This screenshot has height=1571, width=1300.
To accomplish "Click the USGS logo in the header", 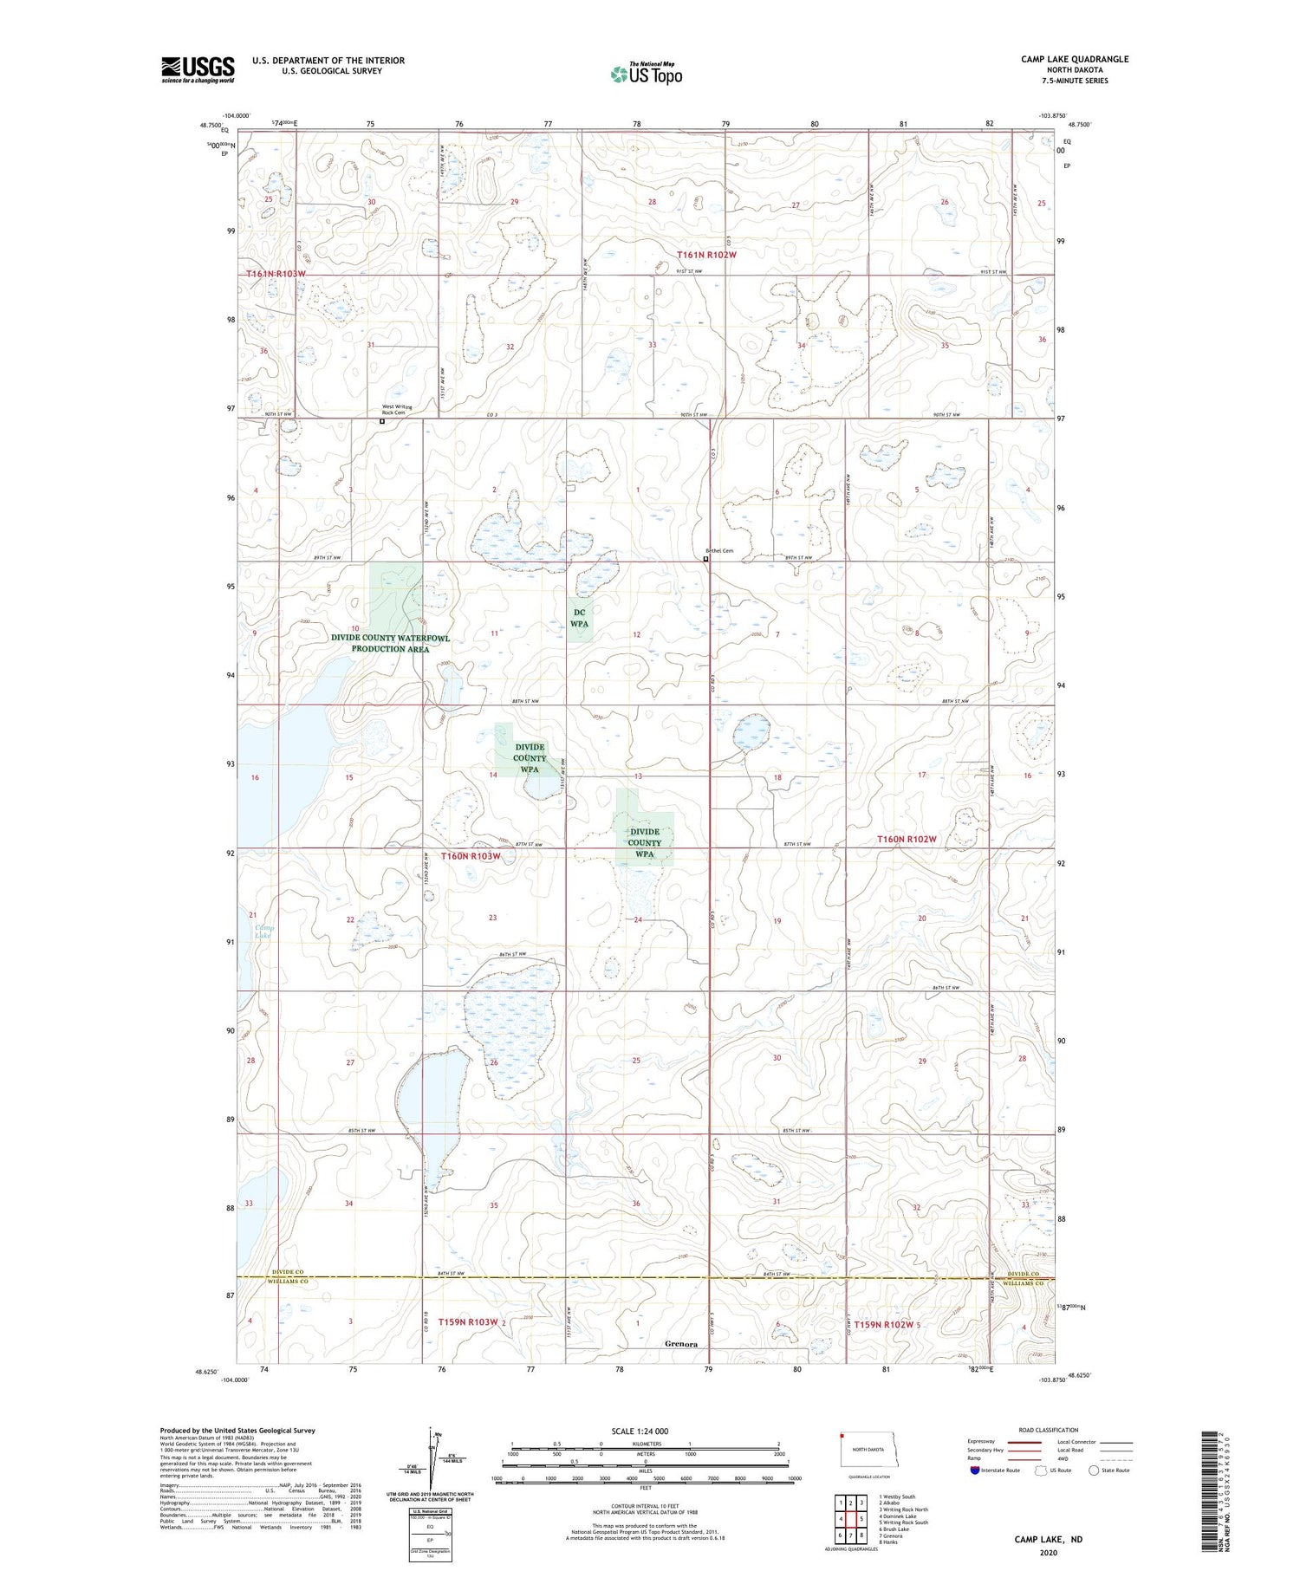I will (198, 69).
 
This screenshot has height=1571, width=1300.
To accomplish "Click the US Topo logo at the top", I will (646, 75).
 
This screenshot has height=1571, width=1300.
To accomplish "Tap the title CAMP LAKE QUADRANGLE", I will (1075, 59).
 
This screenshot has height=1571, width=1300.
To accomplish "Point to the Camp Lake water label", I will (263, 932).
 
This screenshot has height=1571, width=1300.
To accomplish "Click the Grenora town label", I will (681, 1344).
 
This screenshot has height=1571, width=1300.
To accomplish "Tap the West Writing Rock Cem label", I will (398, 410).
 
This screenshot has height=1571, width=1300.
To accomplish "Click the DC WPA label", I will (580, 618).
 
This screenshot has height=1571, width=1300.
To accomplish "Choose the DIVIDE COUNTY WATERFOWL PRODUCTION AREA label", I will (391, 643).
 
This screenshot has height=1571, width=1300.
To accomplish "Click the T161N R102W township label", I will (706, 255).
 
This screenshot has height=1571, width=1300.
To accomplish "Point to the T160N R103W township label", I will (471, 856).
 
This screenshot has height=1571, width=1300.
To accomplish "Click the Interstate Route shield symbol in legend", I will (975, 1470).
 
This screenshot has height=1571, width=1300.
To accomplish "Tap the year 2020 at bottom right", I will (1049, 1554).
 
